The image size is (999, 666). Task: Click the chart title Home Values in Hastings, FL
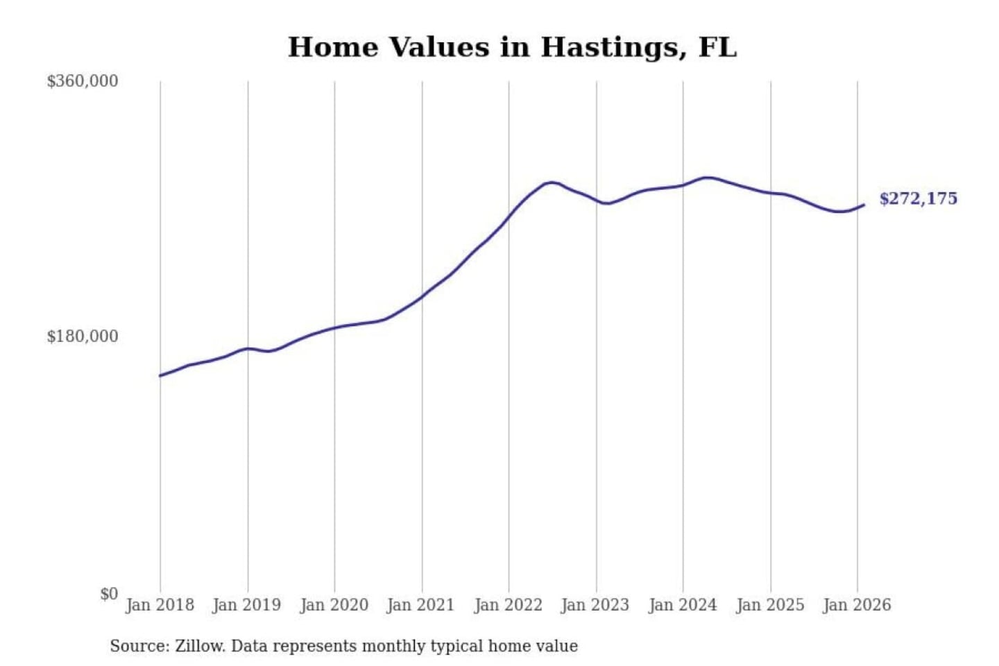(x=512, y=47)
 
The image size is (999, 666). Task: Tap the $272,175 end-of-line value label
(x=918, y=198)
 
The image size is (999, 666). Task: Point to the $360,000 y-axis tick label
(x=83, y=81)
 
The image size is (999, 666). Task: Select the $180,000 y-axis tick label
(x=83, y=336)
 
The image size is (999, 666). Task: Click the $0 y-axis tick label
(x=109, y=594)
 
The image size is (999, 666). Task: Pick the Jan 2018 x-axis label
(x=160, y=605)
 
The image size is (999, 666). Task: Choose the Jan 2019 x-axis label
(x=246, y=605)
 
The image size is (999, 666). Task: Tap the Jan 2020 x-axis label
(x=334, y=605)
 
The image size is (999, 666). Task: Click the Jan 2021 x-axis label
(x=420, y=605)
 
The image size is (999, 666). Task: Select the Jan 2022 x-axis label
(x=508, y=605)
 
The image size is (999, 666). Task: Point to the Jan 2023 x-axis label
(x=595, y=605)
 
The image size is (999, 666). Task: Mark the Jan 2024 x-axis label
(x=682, y=605)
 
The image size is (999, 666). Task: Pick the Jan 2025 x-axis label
(x=769, y=605)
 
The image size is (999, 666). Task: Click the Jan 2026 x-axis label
(x=856, y=605)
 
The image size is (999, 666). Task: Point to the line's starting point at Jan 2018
(x=160, y=375)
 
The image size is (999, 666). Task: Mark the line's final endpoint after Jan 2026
(x=864, y=205)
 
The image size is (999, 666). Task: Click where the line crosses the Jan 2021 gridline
(x=422, y=297)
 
